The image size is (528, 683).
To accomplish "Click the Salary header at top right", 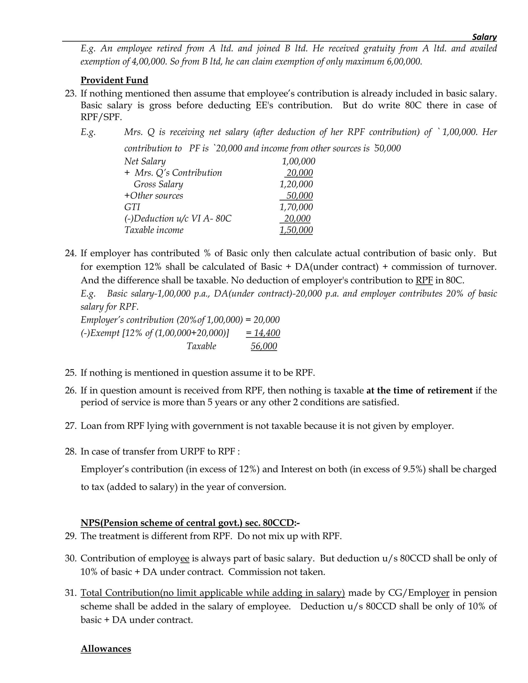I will click(x=484, y=37).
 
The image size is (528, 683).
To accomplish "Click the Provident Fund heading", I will click(x=114, y=80).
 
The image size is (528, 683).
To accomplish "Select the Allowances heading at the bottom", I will click(x=106, y=649).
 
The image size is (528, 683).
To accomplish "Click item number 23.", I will click(x=71, y=94).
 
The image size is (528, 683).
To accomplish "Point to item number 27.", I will click(x=71, y=426).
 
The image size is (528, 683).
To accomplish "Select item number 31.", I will click(x=71, y=593).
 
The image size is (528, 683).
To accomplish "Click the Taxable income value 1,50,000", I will click(x=296, y=230).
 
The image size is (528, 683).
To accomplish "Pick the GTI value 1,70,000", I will click(x=296, y=207).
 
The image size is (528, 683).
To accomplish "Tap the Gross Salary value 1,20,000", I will click(x=296, y=184).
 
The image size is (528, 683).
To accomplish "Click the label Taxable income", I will click(x=154, y=230).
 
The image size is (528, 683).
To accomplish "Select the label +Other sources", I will click(x=153, y=196).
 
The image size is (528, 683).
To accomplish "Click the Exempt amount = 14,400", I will click(x=263, y=333).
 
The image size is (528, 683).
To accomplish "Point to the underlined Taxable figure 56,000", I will click(x=264, y=346).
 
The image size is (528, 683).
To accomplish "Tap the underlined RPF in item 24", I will click(x=424, y=280).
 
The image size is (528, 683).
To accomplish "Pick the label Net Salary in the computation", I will click(x=145, y=161).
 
